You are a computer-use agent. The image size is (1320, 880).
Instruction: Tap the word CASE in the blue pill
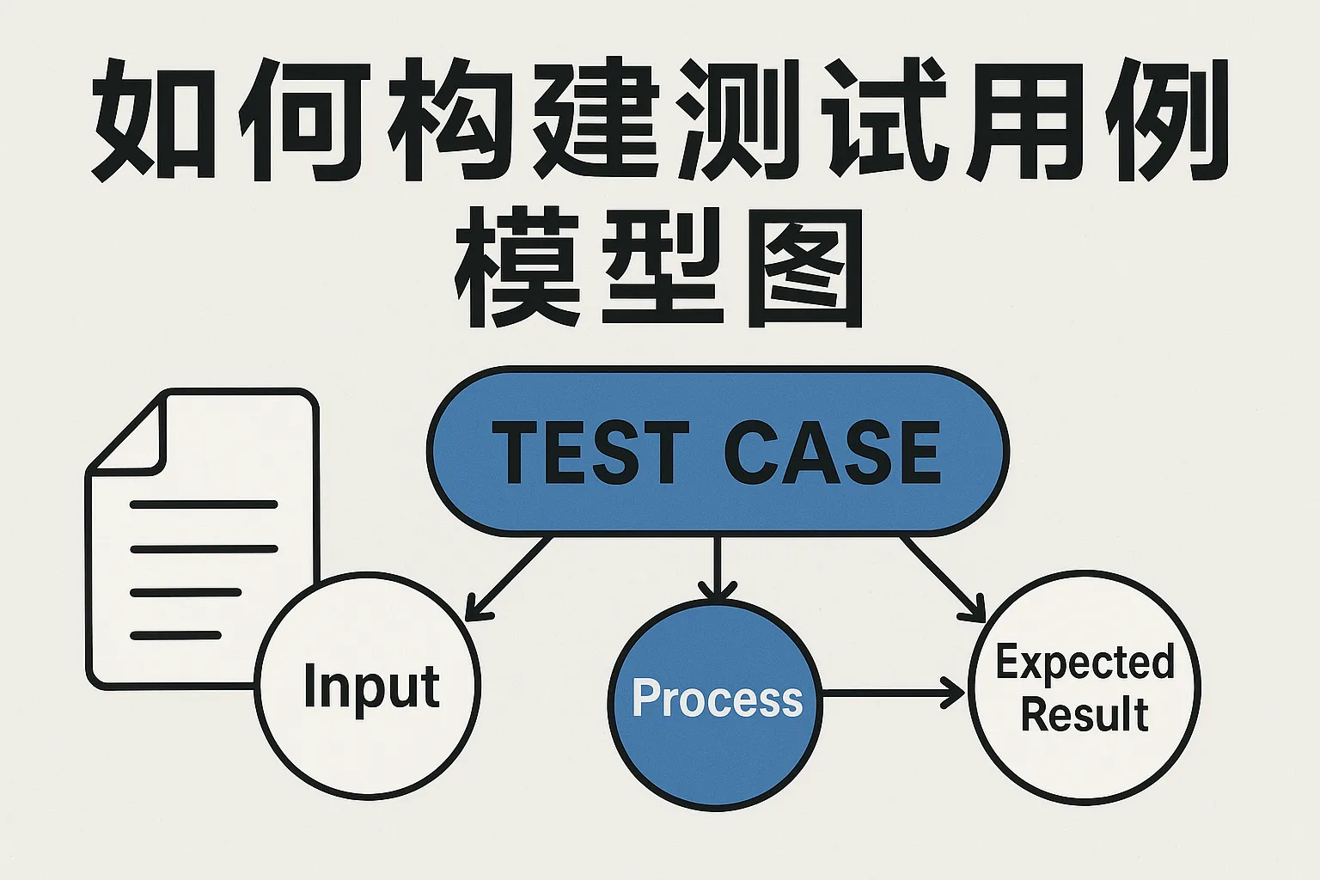[832, 453]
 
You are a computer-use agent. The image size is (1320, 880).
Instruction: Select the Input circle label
[371, 687]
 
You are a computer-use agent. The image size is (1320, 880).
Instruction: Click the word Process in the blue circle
[717, 698]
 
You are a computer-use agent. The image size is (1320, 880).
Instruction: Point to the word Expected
[1085, 663]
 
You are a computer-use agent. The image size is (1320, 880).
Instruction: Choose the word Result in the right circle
[1085, 715]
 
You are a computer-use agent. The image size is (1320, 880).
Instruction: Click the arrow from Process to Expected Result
[894, 692]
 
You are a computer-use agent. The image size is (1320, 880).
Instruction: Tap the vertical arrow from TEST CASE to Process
[717, 567]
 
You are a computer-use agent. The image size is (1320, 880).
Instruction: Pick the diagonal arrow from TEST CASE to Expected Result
[942, 577]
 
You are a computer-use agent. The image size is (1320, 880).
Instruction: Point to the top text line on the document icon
[203, 504]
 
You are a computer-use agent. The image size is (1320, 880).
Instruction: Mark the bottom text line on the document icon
[175, 636]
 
